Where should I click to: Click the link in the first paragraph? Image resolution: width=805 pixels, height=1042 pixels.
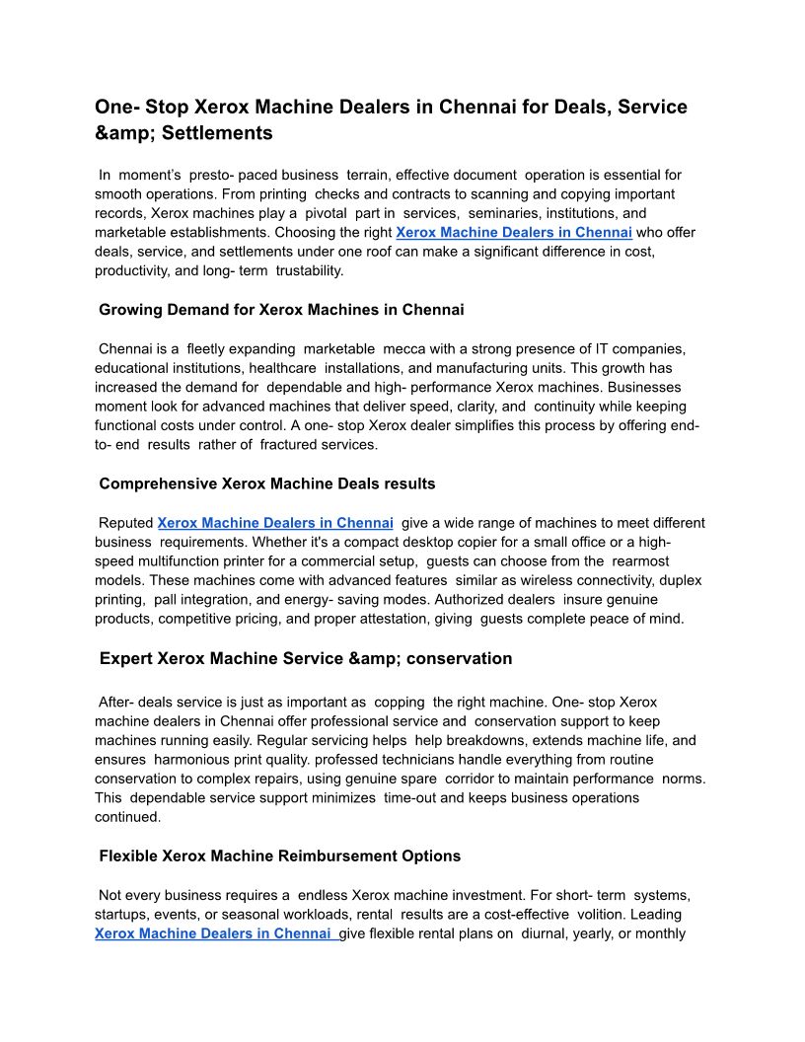click(513, 233)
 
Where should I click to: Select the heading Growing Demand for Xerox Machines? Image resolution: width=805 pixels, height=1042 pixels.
click(281, 310)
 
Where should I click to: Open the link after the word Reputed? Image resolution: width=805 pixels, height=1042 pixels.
click(275, 523)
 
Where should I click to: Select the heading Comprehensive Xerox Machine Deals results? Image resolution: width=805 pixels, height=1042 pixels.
click(267, 484)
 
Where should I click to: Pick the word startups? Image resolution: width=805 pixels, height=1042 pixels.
click(122, 914)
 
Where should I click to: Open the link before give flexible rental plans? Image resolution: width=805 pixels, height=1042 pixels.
click(216, 933)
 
